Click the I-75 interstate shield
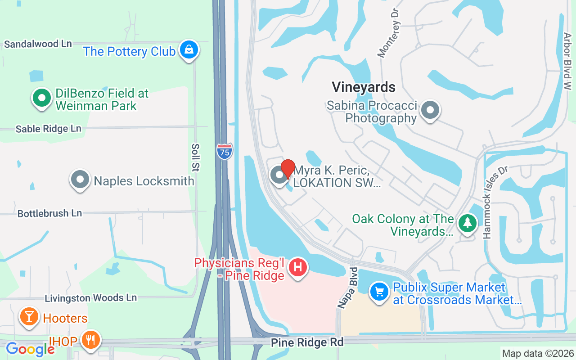coord(225,151)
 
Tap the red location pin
coord(288,169)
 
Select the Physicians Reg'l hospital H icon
coord(297,267)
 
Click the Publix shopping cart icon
coord(379,292)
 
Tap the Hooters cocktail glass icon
coord(29,317)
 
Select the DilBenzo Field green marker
coord(41,98)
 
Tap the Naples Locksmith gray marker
coord(80,180)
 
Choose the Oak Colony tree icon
coord(468,223)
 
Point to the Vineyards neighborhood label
coord(364,87)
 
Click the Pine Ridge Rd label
coord(307,342)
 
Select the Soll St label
coord(196,157)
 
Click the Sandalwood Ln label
coord(38,44)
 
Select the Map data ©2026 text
coord(538,353)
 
